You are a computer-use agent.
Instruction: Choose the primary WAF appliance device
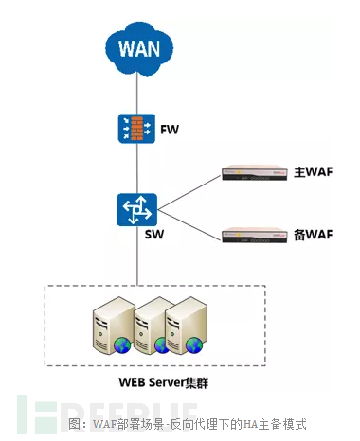coord(252,174)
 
